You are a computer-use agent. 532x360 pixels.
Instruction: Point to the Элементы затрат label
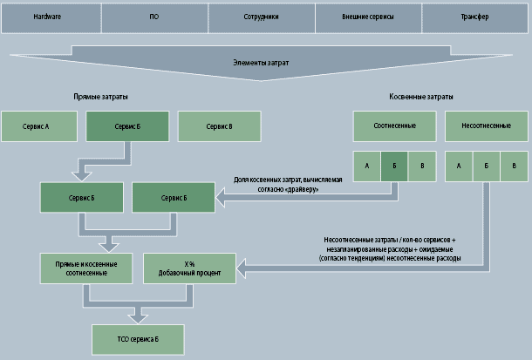(261, 62)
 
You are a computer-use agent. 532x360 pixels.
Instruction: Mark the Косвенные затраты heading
(420, 97)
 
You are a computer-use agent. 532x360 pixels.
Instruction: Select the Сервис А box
(37, 126)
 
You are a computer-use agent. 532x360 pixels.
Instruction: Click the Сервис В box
(219, 126)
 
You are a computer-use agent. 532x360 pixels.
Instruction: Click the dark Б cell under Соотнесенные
(395, 166)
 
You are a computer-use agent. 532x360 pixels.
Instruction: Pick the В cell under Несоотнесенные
(515, 166)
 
